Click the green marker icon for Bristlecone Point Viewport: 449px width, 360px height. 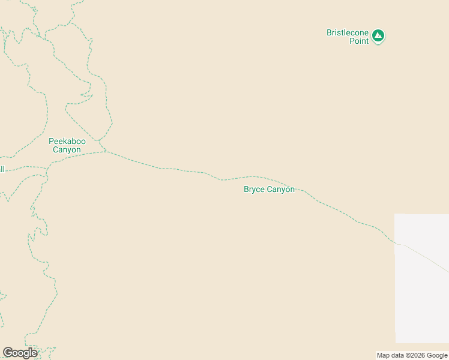tap(378, 36)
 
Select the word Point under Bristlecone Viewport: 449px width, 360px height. tap(359, 41)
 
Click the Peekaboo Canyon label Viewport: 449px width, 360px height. tap(67, 145)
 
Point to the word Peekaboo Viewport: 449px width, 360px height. tap(67, 141)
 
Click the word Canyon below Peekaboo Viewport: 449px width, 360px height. tap(67, 150)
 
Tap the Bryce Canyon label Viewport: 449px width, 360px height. tap(269, 190)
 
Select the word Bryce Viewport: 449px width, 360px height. tap(254, 190)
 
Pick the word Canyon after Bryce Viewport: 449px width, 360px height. tap(280, 190)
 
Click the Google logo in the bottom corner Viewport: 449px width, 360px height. tap(20, 353)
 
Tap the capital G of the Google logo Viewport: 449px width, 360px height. tap(8, 352)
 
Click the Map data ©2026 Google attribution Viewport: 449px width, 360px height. tap(412, 355)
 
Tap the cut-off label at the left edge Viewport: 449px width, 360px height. tap(2, 169)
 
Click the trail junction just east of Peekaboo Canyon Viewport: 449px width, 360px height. tap(107, 151)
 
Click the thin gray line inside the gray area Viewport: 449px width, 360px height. tap(423, 257)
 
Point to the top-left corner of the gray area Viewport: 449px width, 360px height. tap(395, 214)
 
